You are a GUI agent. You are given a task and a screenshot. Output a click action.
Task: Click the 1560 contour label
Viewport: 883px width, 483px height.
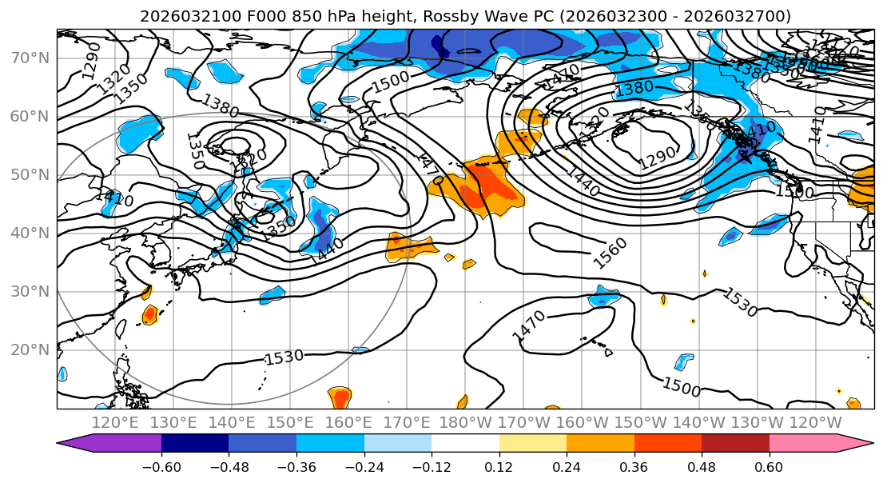tap(611, 253)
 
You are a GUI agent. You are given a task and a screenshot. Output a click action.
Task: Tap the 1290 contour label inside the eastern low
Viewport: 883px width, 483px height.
tap(657, 158)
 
